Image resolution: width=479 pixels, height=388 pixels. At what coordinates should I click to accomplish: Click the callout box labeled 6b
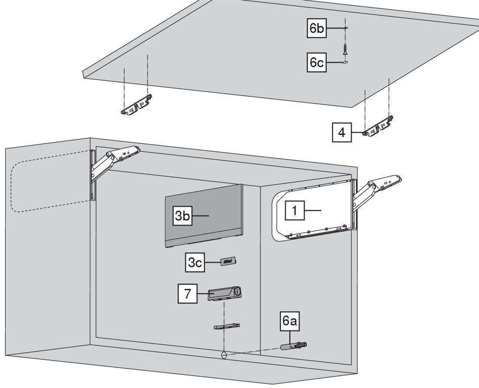tap(317, 28)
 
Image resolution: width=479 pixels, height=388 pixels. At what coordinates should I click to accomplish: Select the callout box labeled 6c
tap(317, 63)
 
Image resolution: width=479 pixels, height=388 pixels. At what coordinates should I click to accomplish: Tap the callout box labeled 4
tap(342, 133)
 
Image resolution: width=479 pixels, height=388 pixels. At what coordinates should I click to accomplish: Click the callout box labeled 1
tap(295, 210)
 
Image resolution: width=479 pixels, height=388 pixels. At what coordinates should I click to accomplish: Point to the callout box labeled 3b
tap(182, 216)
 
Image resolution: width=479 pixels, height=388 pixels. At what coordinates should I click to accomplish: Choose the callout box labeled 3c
tap(195, 263)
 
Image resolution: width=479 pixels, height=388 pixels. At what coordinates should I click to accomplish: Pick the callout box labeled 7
tap(187, 294)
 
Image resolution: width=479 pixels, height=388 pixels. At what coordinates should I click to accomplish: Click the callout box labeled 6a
tap(290, 321)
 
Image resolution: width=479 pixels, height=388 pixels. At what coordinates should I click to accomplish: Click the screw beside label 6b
tap(345, 50)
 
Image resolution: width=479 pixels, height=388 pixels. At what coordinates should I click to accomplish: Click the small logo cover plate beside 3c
tap(228, 261)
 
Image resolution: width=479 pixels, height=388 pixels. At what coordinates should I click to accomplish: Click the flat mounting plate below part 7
tap(226, 327)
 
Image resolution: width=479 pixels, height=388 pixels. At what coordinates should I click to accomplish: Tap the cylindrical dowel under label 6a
tap(293, 347)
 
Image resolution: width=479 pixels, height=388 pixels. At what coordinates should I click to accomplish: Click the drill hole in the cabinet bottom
tap(222, 355)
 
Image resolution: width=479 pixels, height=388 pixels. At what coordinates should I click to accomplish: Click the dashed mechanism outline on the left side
tap(48, 181)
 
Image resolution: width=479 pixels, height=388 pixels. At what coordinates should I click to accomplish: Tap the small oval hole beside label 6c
tap(344, 63)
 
